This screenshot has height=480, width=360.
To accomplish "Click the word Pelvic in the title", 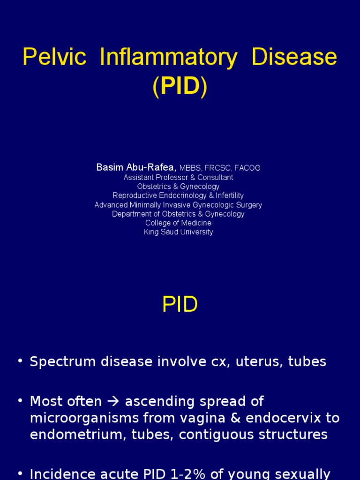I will point(54,57).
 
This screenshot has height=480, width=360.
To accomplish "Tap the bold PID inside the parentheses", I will point(180,87).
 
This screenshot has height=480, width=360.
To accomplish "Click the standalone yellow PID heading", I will point(180,305).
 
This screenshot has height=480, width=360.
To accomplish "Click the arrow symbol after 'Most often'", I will point(113,402).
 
